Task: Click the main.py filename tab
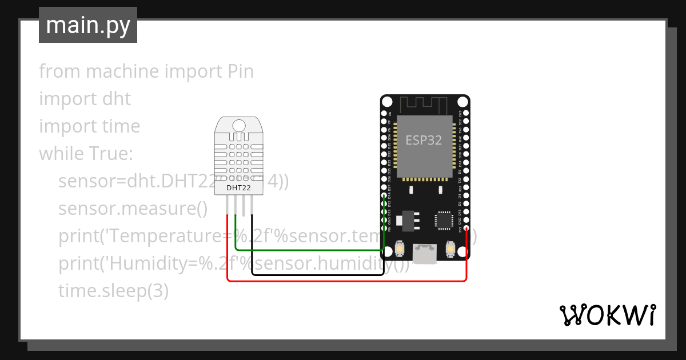(87, 25)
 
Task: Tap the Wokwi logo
(607, 314)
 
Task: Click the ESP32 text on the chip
(424, 140)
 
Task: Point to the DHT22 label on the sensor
(238, 187)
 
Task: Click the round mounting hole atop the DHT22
(239, 125)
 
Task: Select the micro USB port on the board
(425, 253)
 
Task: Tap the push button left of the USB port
(400, 249)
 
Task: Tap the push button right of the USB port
(450, 249)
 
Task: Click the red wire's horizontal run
(343, 281)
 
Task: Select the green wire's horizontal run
(309, 250)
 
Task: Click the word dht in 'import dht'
(117, 99)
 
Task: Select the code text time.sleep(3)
(113, 291)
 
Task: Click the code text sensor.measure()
(133, 209)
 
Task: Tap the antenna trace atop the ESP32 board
(424, 105)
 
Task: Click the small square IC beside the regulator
(444, 220)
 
